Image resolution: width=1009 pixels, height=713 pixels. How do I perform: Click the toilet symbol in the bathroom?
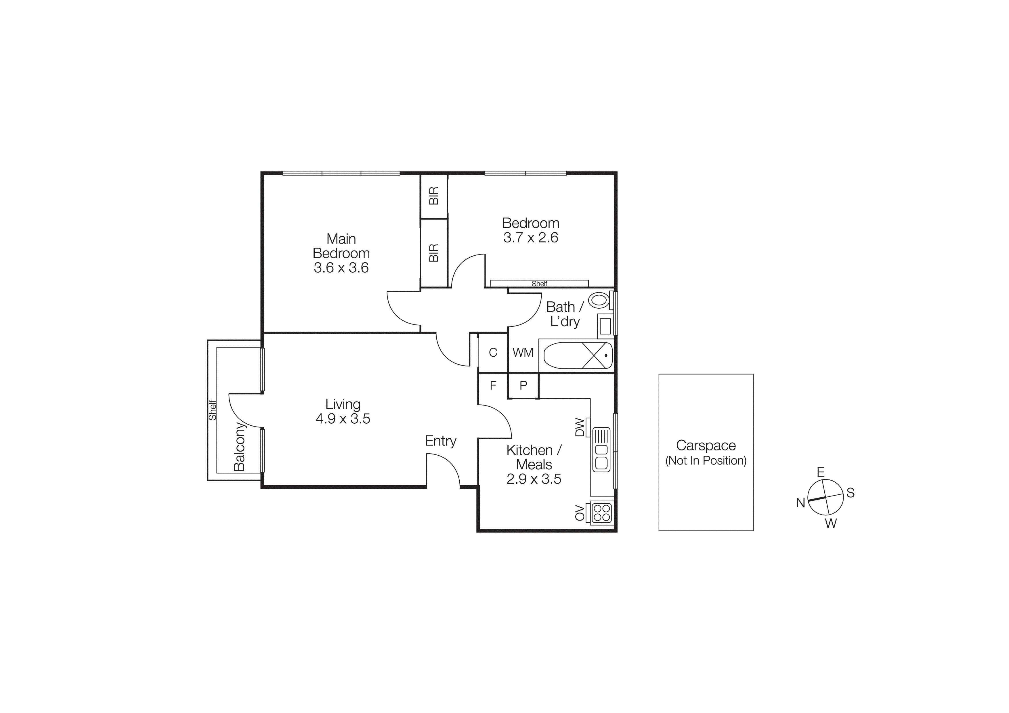point(599,301)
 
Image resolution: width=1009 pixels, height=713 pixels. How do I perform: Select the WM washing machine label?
point(523,352)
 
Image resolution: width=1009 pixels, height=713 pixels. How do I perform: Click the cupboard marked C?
point(493,352)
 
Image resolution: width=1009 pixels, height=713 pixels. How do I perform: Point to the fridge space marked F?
point(493,385)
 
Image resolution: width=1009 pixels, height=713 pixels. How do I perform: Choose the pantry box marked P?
point(523,385)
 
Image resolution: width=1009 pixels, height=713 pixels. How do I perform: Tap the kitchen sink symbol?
point(601,450)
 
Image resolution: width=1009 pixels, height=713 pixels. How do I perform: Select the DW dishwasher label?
point(580,427)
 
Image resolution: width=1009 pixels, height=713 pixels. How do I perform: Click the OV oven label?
point(580,513)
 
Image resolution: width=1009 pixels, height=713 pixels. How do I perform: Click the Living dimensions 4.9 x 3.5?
point(343,419)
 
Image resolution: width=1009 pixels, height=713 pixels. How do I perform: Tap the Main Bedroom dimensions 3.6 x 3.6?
point(341,267)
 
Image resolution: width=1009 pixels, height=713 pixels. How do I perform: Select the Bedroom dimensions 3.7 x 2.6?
point(530,238)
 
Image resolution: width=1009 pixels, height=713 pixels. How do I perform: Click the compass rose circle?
point(825,497)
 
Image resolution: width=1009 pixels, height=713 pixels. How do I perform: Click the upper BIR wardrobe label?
point(434,196)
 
